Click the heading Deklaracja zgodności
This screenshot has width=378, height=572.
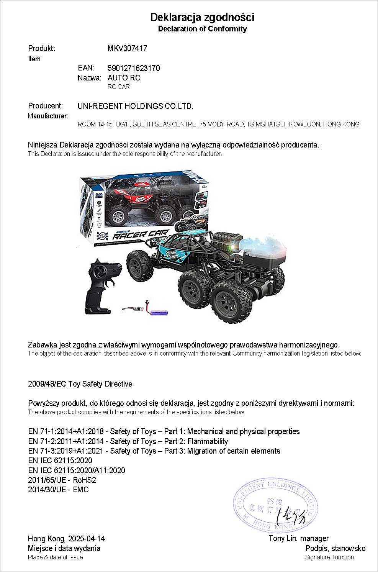202,17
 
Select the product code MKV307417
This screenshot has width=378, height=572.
127,49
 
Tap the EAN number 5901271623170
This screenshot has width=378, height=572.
134,68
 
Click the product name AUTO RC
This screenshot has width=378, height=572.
124,78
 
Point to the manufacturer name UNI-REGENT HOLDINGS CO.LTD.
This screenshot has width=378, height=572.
136,106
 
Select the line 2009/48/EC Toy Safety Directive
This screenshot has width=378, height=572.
80,384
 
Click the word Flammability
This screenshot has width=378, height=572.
208,441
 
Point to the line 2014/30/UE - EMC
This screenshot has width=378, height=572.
58,490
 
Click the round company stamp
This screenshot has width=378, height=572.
275,505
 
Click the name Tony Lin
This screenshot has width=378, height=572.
282,539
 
